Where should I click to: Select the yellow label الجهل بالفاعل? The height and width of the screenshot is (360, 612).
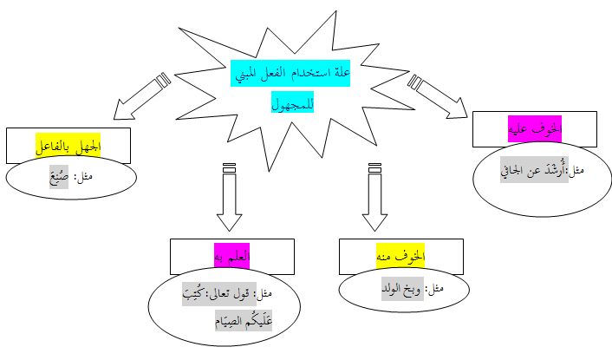point(68,145)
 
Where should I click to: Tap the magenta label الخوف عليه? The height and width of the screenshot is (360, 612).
point(536,128)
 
